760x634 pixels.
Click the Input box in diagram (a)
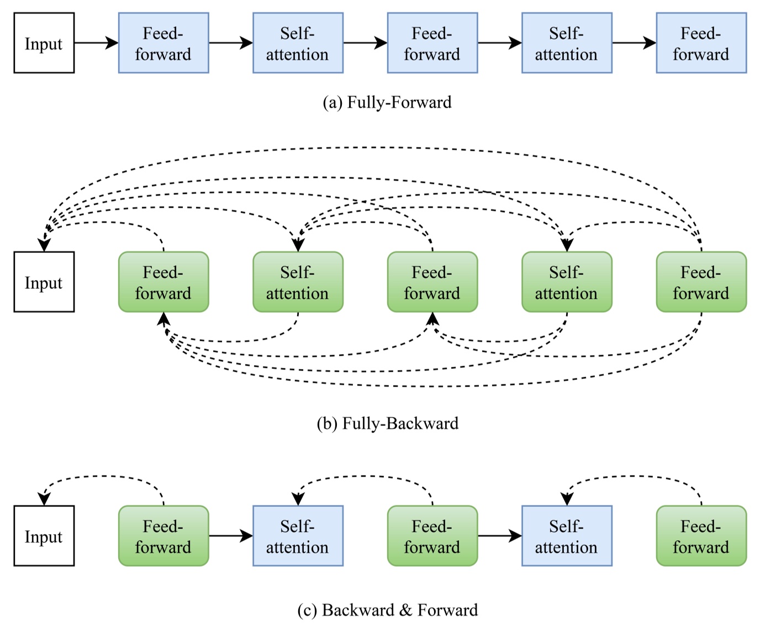pyautogui.click(x=44, y=43)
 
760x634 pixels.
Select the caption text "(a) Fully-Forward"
pyautogui.click(x=387, y=103)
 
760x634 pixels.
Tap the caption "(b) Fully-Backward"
pyautogui.click(x=387, y=424)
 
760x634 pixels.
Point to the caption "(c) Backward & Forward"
pyautogui.click(x=387, y=610)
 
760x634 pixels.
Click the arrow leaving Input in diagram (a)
pyautogui.click(x=96, y=43)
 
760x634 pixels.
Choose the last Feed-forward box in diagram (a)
pyautogui.click(x=701, y=43)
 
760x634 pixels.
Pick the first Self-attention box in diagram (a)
pyautogui.click(x=298, y=43)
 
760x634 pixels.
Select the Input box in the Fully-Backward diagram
pyautogui.click(x=44, y=282)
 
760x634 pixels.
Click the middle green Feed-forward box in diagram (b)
pyautogui.click(x=432, y=282)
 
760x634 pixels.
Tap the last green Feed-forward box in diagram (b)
pyautogui.click(x=701, y=282)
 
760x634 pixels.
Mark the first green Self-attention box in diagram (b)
pyautogui.click(x=298, y=282)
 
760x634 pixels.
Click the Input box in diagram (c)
pyautogui.click(x=44, y=536)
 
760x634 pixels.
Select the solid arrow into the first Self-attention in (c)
pyautogui.click(x=230, y=536)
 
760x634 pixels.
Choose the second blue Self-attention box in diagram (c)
pyautogui.click(x=567, y=536)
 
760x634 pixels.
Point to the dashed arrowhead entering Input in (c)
pyautogui.click(x=44, y=499)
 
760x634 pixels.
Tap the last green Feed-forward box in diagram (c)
pyautogui.click(x=701, y=536)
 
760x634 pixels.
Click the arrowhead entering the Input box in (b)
pyautogui.click(x=44, y=245)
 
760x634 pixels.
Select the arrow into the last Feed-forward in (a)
pyautogui.click(x=634, y=43)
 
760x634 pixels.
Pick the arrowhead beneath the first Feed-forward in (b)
pyautogui.click(x=163, y=319)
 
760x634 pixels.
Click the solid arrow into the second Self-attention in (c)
pyautogui.click(x=499, y=536)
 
